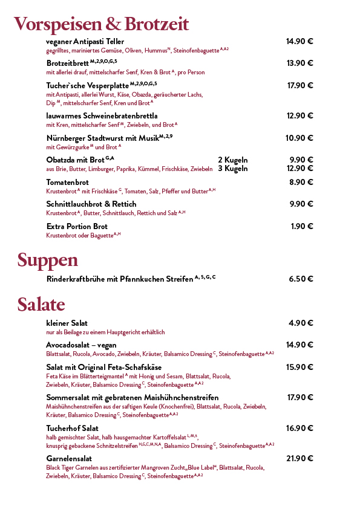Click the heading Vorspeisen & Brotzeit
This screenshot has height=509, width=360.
[x=101, y=24]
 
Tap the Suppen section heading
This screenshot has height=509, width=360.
[x=47, y=261]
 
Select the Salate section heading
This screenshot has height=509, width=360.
[x=41, y=304]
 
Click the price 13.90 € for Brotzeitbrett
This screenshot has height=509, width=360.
[x=299, y=63]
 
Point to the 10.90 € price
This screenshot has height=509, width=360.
[x=299, y=138]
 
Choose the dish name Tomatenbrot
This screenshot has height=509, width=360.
[x=68, y=182]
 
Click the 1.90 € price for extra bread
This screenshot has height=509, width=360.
[x=302, y=226]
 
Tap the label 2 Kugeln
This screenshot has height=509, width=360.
[x=233, y=160]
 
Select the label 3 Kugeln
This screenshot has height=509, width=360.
[x=233, y=169]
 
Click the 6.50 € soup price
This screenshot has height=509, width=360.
[x=301, y=279]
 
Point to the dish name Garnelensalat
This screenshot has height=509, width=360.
[x=69, y=459]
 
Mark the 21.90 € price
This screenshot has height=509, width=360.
[x=299, y=458]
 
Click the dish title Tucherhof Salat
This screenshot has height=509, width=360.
[x=73, y=428]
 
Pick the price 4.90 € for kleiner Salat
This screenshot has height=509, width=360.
[x=301, y=323]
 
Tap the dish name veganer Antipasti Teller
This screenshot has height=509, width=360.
[x=85, y=41]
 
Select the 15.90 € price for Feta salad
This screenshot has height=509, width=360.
[x=299, y=367]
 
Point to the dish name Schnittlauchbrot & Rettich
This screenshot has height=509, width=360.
[x=91, y=204]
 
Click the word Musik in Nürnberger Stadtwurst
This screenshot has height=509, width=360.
[x=147, y=138]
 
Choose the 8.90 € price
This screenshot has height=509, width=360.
[x=301, y=182]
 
